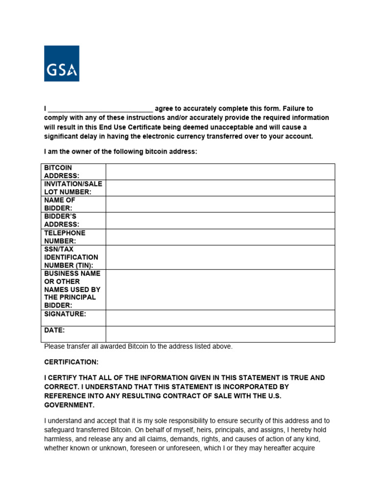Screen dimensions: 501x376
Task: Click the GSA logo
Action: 62,64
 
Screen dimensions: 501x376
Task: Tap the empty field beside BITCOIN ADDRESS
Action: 220,172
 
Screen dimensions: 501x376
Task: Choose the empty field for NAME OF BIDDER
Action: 220,204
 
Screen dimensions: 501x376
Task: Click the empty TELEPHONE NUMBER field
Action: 220,237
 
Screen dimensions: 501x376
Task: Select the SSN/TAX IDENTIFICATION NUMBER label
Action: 71,257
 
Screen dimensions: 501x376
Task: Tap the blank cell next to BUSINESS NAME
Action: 220,289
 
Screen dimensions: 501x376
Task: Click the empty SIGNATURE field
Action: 220,318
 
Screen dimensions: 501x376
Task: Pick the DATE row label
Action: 54,331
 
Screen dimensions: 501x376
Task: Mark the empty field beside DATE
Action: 220,334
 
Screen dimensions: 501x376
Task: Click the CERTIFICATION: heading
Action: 71,362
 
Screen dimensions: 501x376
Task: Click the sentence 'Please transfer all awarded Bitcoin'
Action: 138,346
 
